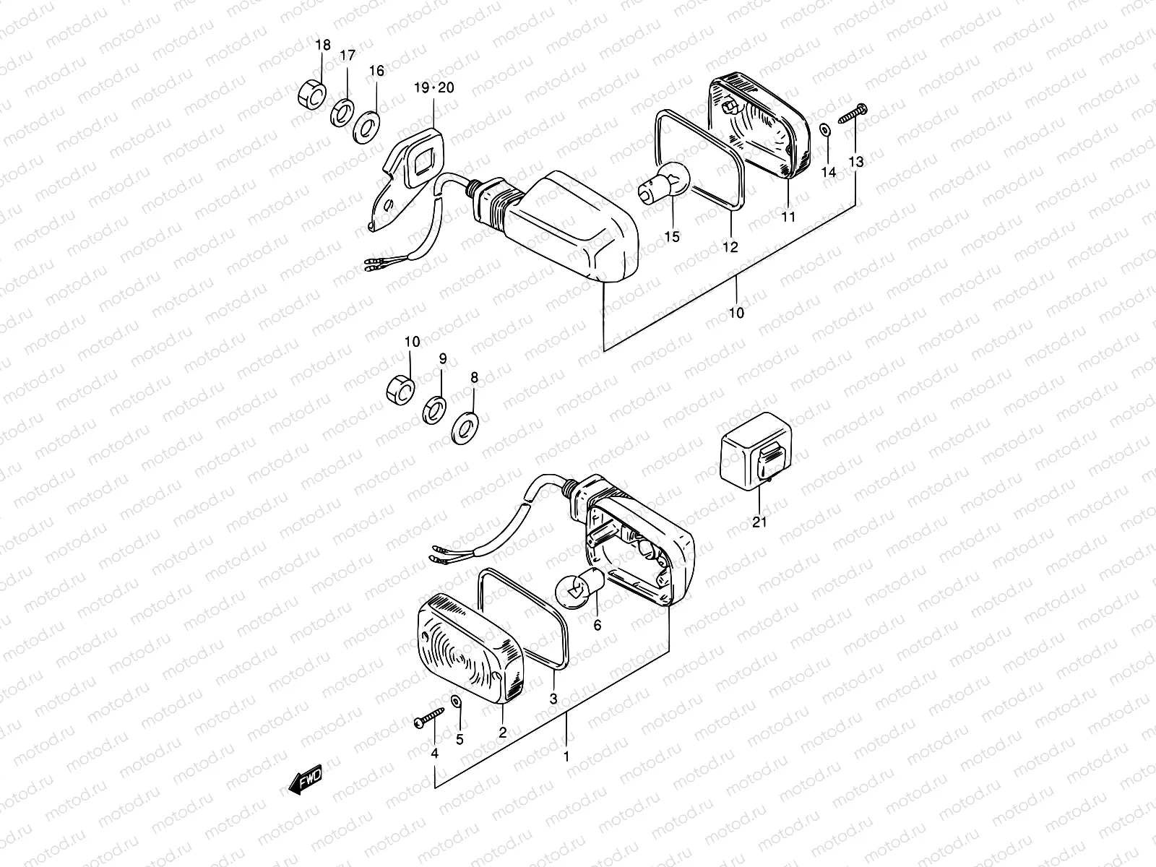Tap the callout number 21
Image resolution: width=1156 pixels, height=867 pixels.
pyautogui.click(x=759, y=522)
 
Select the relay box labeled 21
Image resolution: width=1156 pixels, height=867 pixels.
pyautogui.click(x=757, y=453)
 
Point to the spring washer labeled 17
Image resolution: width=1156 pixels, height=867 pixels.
pyautogui.click(x=343, y=113)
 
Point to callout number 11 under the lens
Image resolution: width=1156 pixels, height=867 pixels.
pyautogui.click(x=788, y=217)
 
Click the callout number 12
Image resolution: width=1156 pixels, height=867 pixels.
pyautogui.click(x=730, y=247)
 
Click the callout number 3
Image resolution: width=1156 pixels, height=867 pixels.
pyautogui.click(x=553, y=699)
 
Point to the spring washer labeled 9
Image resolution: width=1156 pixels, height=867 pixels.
pyautogui.click(x=434, y=410)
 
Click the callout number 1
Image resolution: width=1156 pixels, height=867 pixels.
pyautogui.click(x=566, y=757)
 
